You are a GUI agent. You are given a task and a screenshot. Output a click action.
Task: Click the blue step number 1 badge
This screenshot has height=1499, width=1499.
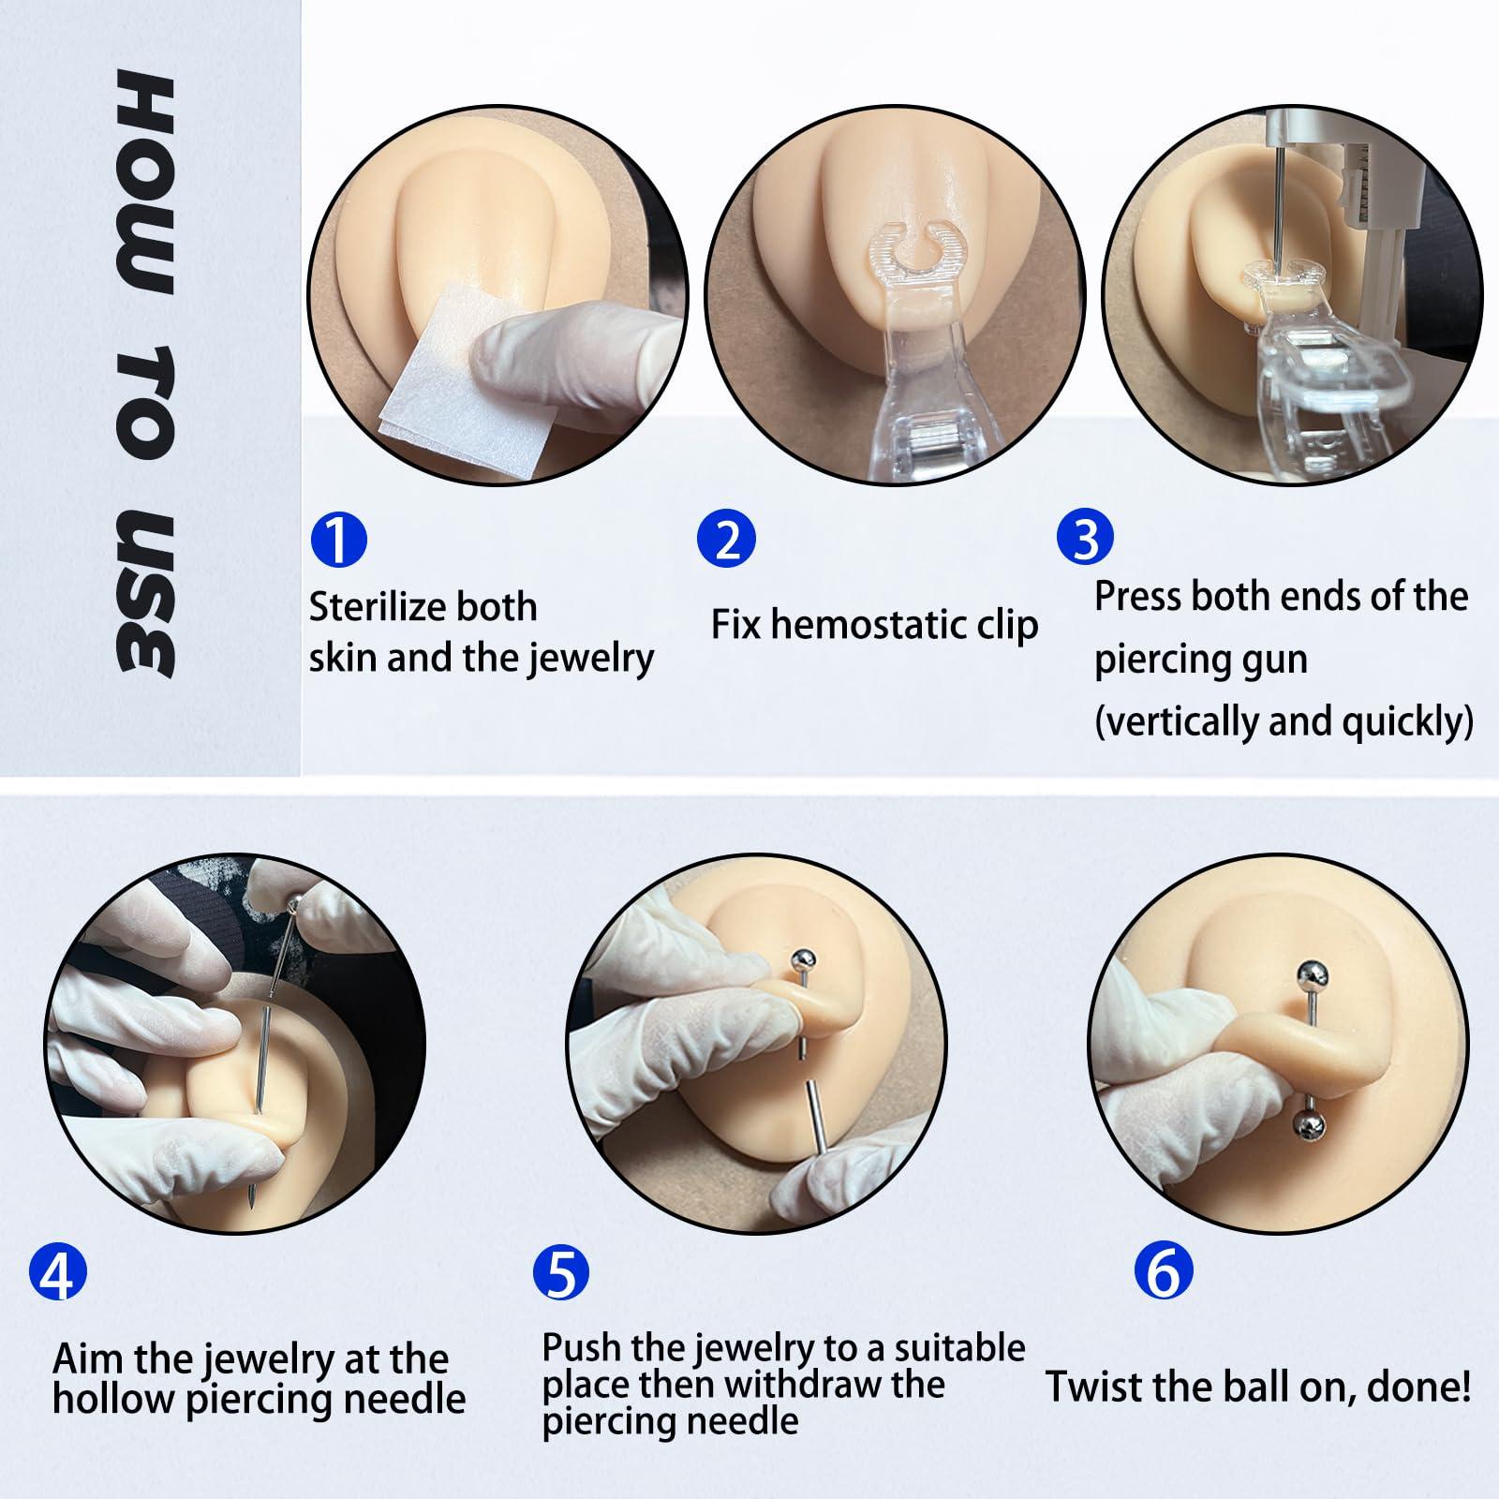point(338,540)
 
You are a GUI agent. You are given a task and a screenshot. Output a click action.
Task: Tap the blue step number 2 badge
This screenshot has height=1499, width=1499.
point(726,540)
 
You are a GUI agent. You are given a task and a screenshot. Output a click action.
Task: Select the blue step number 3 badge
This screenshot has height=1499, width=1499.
point(1085,538)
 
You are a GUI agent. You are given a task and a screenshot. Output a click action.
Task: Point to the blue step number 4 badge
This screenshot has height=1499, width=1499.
point(58,1272)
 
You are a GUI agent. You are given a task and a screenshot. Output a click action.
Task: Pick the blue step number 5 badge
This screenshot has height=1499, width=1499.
point(560,1272)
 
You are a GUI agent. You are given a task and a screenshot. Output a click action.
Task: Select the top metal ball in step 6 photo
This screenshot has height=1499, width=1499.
point(1310,976)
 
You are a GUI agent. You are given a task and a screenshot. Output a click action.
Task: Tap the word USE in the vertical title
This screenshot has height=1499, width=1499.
point(146,597)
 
